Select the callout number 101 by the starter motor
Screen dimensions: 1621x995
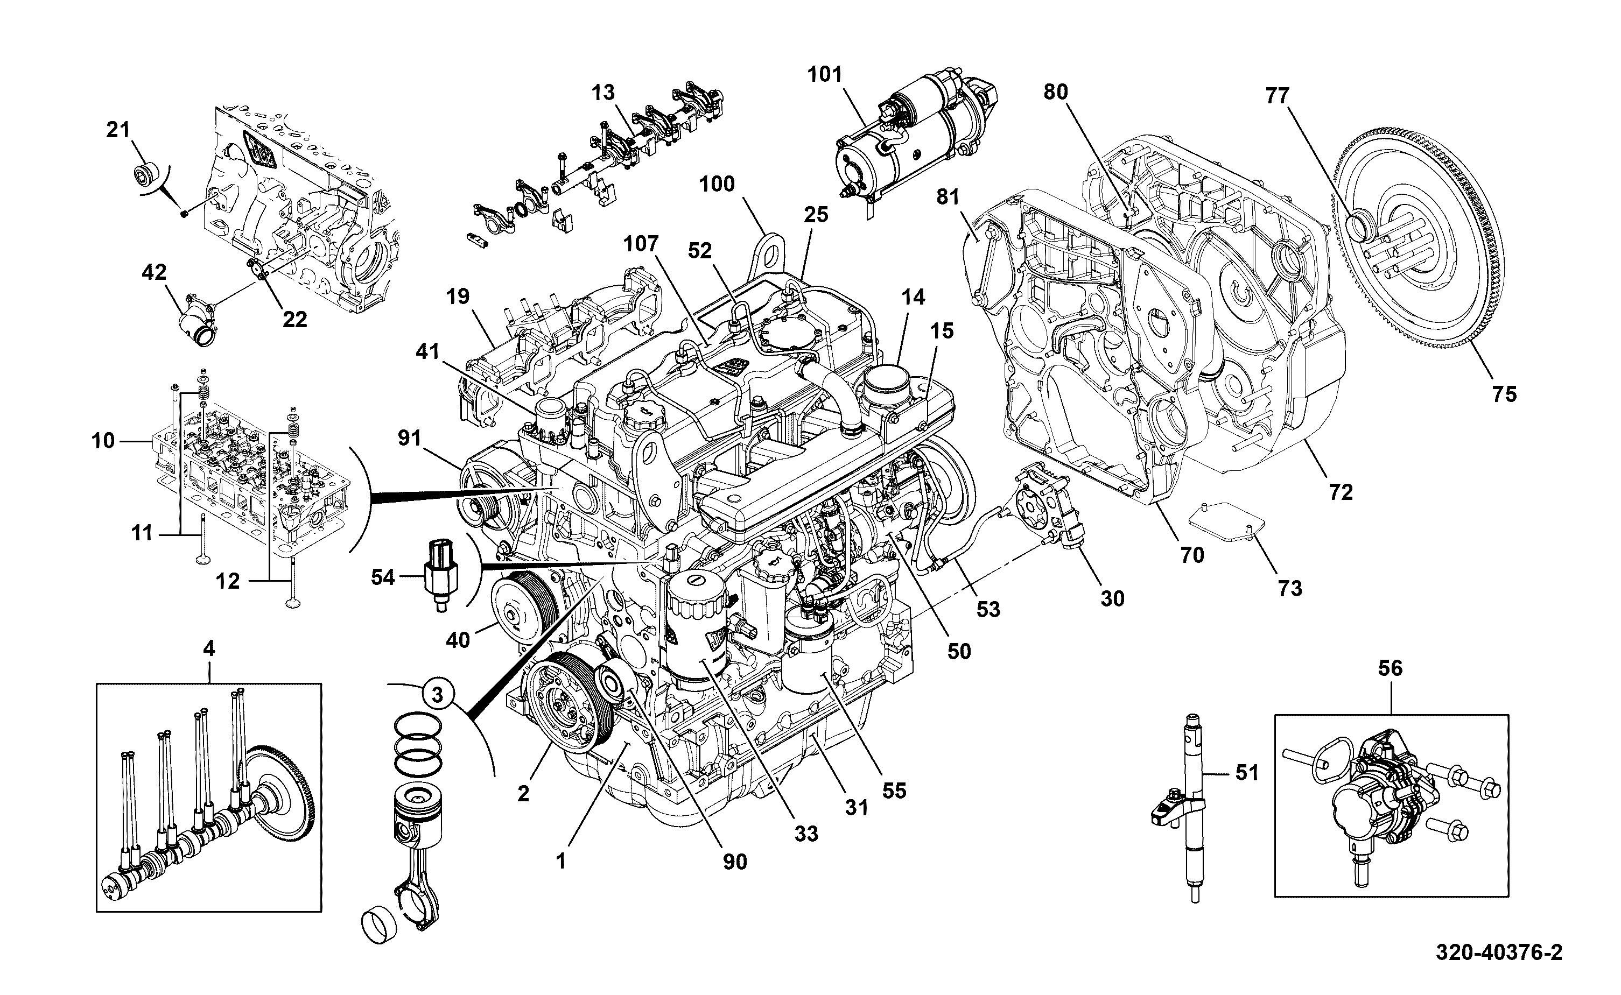tap(825, 74)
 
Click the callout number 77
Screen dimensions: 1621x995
tap(1278, 96)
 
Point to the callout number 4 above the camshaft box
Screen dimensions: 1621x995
tap(209, 649)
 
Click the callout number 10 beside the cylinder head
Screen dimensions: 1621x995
tap(103, 440)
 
